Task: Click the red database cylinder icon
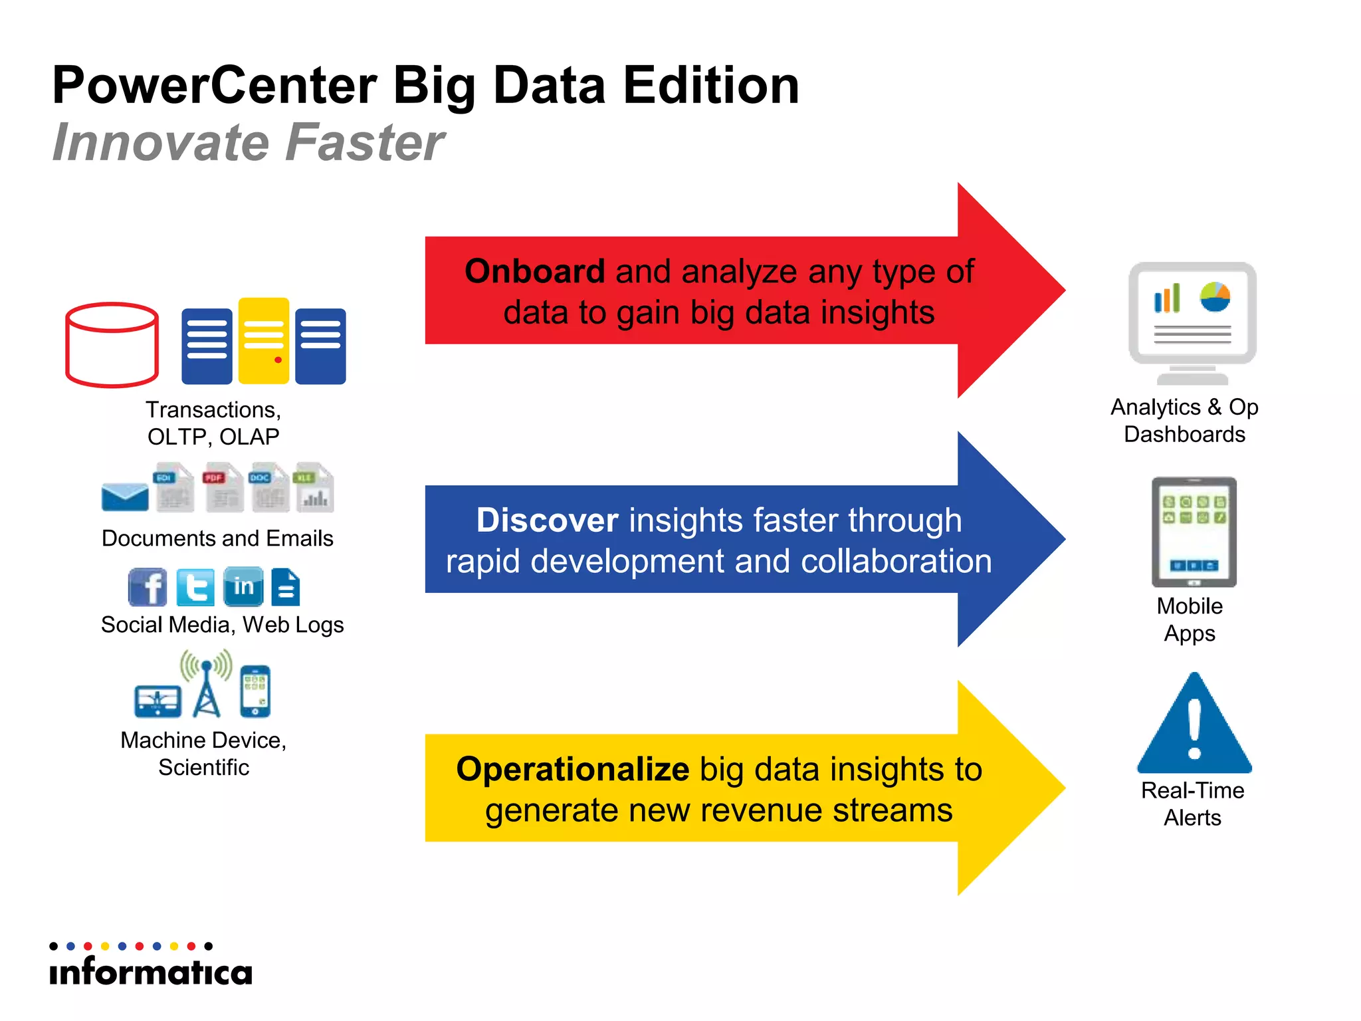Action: (x=112, y=344)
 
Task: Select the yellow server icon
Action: (x=264, y=341)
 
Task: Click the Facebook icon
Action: (x=148, y=587)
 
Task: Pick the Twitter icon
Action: (x=195, y=587)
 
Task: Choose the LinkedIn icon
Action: (x=243, y=587)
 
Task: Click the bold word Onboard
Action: (x=535, y=271)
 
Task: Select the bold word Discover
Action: (x=548, y=520)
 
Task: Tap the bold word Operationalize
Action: (x=573, y=769)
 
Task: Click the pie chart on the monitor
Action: (x=1215, y=296)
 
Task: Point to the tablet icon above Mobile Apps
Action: (x=1194, y=532)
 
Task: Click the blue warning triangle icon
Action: (x=1194, y=725)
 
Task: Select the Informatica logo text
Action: (x=151, y=972)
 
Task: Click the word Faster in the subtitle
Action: (x=366, y=142)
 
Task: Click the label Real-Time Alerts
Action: (x=1192, y=804)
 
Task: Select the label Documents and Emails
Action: (x=217, y=538)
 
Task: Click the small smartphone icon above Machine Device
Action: (x=255, y=691)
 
